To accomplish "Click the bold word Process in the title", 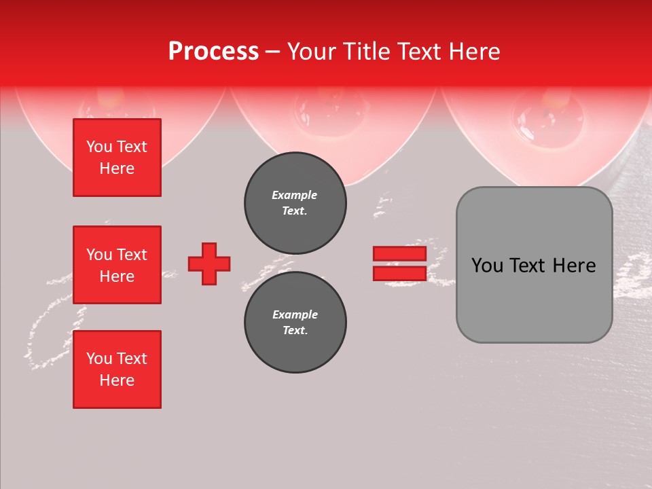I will (213, 52).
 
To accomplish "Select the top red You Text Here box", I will (117, 158).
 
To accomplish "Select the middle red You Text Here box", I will (117, 265).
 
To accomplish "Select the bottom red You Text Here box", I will (117, 369).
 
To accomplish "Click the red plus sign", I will (209, 264).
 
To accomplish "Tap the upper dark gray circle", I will (295, 202).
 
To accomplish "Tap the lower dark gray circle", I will (295, 323).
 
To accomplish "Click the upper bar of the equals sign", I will (399, 254).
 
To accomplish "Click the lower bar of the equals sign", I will (399, 273).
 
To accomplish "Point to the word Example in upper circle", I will (295, 195).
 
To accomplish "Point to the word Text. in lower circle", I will (295, 331).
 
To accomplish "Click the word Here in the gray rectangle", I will (575, 266).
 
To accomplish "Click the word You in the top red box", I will (99, 147).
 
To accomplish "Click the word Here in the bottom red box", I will (117, 380).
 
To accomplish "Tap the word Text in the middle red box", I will (131, 255).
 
